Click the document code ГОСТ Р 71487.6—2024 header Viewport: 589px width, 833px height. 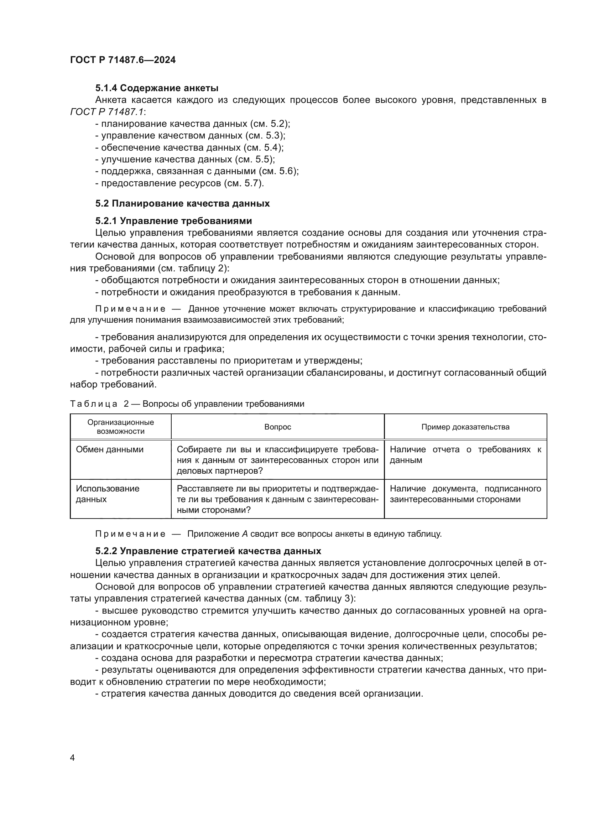pyautogui.click(x=123, y=60)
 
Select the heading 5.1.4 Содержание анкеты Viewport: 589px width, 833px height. pyautogui.click(x=157, y=88)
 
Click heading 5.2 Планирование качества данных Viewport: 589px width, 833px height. pyautogui.click(x=182, y=204)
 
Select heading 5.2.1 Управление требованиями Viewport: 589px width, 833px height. pyautogui.click(x=173, y=221)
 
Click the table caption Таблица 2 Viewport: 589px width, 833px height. pyautogui.click(x=187, y=404)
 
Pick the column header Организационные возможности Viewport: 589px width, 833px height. pyautogui.click(x=120, y=427)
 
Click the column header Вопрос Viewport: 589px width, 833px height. pyautogui.click(x=277, y=427)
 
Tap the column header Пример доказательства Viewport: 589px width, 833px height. pyautogui.click(x=465, y=427)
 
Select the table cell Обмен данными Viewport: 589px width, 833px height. pyautogui.click(x=110, y=449)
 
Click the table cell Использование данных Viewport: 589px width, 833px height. pyautogui.click(x=107, y=494)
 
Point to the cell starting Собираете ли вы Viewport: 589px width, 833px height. pyautogui.click(x=277, y=460)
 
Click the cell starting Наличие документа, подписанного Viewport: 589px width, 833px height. pyautogui.click(x=465, y=494)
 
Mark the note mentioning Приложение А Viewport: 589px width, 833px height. pyautogui.click(x=269, y=534)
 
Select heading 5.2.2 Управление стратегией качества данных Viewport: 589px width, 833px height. pyautogui.click(x=208, y=551)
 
